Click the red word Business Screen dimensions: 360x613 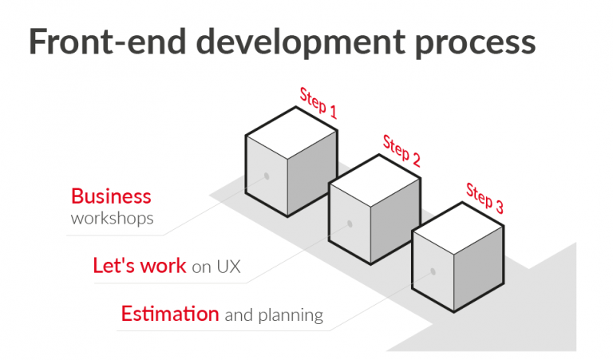111,196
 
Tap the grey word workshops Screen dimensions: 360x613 112,218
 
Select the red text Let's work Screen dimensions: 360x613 140,266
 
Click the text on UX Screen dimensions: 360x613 216,267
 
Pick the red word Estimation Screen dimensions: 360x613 170,314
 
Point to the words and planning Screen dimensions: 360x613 274,315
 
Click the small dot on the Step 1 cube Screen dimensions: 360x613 267,176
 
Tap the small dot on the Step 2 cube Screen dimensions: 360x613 350,224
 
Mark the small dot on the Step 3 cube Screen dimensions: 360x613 433,271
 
